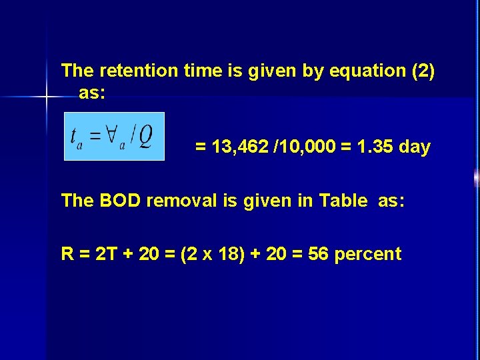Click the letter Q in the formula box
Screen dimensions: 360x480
click(x=146, y=136)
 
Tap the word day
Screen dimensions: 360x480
click(x=415, y=147)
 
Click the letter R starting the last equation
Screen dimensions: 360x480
click(x=67, y=254)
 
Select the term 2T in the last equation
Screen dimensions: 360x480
click(x=103, y=254)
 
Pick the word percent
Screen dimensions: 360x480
click(x=368, y=254)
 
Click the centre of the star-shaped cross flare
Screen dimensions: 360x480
click(x=47, y=98)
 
